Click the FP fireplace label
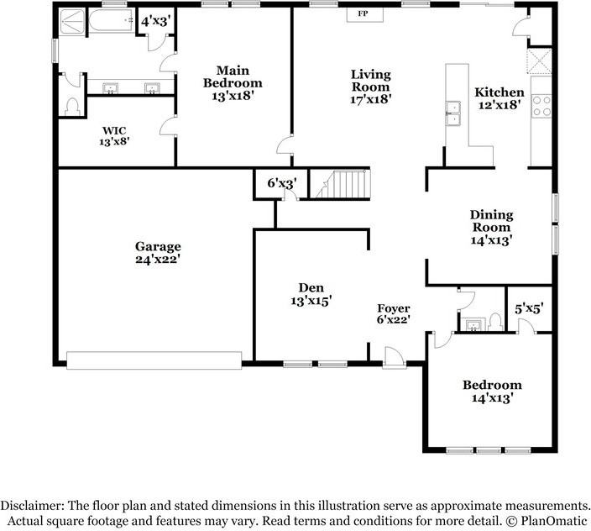click(363, 14)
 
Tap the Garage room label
click(158, 247)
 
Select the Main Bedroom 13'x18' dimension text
click(232, 96)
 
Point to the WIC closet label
click(114, 131)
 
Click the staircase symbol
click(340, 184)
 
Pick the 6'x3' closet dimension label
click(282, 184)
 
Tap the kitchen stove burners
click(541, 106)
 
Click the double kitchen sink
click(453, 113)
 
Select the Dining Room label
click(491, 221)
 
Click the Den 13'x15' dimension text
click(311, 301)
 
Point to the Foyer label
click(394, 308)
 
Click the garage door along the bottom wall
click(154, 360)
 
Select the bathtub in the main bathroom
click(111, 21)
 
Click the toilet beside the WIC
click(71, 107)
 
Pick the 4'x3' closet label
click(154, 21)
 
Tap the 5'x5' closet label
click(529, 309)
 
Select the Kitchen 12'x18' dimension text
click(499, 105)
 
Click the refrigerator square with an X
click(539, 60)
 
